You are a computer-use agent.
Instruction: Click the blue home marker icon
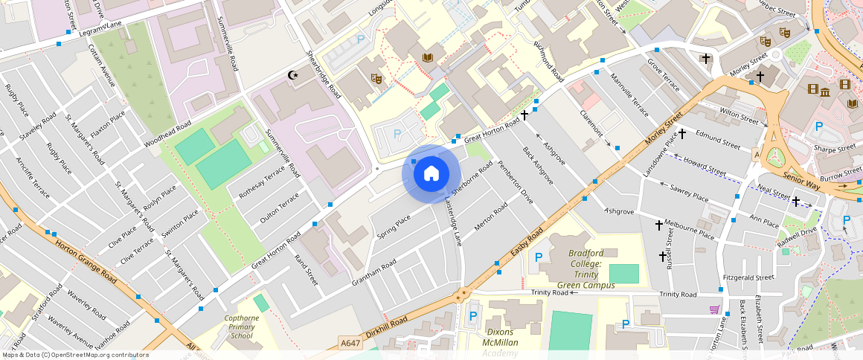(431, 174)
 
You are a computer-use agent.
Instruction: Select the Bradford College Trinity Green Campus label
(586, 269)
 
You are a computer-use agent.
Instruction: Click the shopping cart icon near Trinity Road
(714, 309)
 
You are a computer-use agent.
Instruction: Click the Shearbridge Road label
(324, 75)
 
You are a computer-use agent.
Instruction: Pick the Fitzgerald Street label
(748, 277)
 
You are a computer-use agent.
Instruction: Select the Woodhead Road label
(167, 132)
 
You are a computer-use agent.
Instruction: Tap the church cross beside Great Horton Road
(524, 115)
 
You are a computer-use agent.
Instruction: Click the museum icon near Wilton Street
(824, 91)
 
